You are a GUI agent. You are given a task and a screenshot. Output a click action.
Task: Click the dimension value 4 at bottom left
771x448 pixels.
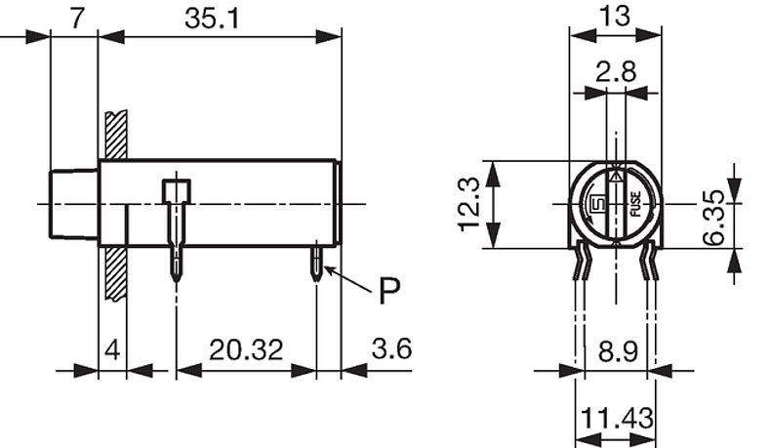pos(112,348)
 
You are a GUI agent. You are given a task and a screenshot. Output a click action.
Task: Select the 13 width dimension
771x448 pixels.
pos(616,15)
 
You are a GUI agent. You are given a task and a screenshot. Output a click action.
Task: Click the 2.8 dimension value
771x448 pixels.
pos(615,70)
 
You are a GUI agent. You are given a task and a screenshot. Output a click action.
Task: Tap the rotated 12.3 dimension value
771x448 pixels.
pos(469,204)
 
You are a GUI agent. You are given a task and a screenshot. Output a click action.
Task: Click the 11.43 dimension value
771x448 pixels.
pos(616,421)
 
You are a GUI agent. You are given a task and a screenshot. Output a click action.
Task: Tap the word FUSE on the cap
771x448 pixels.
pos(634,205)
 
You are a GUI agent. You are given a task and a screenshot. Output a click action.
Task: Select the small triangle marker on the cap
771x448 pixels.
pos(615,178)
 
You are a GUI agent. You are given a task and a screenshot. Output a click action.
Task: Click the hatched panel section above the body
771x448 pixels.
pos(113,136)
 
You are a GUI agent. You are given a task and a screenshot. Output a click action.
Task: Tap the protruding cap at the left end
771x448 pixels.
pos(74,203)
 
